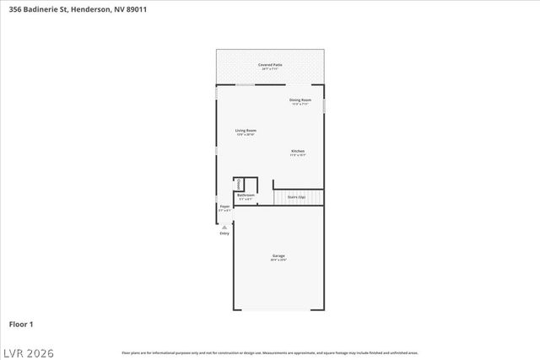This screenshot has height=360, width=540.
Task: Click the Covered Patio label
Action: tap(270, 64)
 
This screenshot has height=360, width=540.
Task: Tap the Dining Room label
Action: tap(300, 99)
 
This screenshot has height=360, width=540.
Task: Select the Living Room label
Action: tap(246, 130)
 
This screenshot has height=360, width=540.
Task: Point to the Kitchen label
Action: tap(298, 151)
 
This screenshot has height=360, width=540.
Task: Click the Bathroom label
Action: tap(246, 195)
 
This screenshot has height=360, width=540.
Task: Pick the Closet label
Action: tap(240, 183)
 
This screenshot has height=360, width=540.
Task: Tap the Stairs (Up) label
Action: tap(296, 196)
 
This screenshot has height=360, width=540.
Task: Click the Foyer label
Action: tap(224, 206)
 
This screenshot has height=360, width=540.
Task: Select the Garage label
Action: tap(278, 255)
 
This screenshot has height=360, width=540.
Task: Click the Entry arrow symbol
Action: tap(224, 227)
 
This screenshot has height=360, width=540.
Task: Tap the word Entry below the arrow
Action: tap(224, 234)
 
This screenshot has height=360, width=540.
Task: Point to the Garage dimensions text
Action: tap(278, 261)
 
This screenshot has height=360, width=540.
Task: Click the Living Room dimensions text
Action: tap(246, 135)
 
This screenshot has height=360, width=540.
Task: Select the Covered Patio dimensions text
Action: tap(270, 69)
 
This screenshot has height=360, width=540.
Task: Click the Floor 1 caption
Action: tap(21, 324)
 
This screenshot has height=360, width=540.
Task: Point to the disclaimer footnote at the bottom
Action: tap(270, 352)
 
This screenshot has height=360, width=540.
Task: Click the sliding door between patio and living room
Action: tap(245, 84)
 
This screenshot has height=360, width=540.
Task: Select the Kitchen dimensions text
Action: tap(298, 156)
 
